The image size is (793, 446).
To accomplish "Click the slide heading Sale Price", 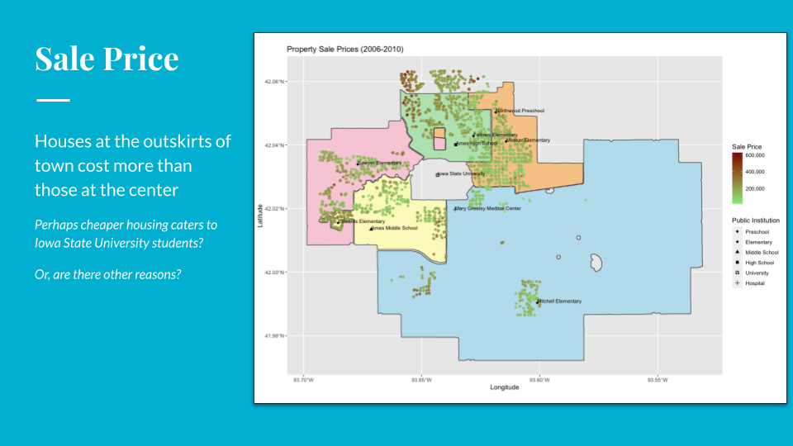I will click(x=107, y=59).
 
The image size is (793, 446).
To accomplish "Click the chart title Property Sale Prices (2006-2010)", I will click(x=344, y=50).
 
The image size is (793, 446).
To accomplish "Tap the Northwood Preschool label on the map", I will click(x=520, y=111).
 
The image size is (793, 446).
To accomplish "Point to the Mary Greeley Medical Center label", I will click(x=488, y=209).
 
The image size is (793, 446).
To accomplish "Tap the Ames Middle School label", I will click(x=395, y=228).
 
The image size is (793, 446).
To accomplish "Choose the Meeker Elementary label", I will click(x=528, y=140).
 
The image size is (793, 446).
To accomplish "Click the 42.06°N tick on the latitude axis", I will click(x=274, y=82).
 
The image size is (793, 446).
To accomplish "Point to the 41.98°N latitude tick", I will click(x=274, y=336).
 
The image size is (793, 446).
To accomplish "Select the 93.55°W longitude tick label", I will click(x=657, y=380).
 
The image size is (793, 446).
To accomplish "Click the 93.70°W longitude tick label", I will click(x=303, y=380).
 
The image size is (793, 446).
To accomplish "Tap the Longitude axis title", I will click(x=504, y=387).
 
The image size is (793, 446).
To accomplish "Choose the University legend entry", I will click(x=757, y=273).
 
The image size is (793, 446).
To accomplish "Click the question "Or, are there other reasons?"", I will click(x=108, y=273).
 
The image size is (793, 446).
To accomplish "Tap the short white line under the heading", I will click(x=52, y=100).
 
